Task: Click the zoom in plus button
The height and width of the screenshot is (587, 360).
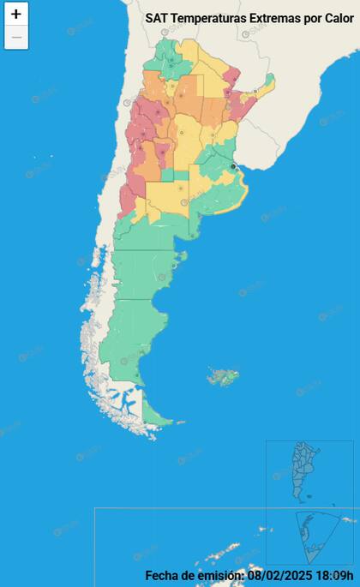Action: coord(16,15)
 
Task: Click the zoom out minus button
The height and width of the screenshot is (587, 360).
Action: coord(16,38)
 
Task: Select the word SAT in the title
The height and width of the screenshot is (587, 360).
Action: coord(157,17)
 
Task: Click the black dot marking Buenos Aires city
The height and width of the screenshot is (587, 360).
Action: coord(233,166)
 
